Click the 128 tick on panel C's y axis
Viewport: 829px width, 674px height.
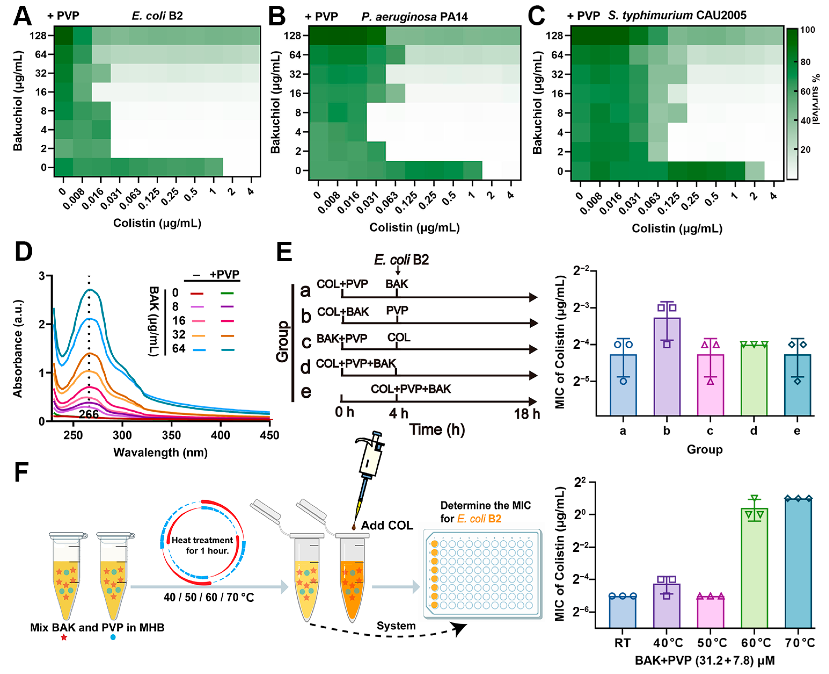pyautogui.click(x=554, y=36)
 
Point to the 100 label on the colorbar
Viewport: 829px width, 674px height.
pyautogui.click(x=807, y=30)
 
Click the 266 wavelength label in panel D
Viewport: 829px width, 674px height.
pyautogui.click(x=89, y=414)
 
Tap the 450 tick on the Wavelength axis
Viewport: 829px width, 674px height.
pyautogui.click(x=269, y=435)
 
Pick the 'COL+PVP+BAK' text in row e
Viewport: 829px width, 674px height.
pyautogui.click(x=411, y=389)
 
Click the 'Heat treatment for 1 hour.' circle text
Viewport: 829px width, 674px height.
pyautogui.click(x=203, y=545)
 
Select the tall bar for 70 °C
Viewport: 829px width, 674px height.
pyautogui.click(x=798, y=563)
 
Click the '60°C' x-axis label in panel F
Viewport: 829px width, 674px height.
pyautogui.click(x=755, y=643)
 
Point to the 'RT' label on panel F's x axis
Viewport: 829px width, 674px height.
pyautogui.click(x=622, y=643)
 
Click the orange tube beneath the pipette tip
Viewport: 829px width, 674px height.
pyautogui.click(x=352, y=586)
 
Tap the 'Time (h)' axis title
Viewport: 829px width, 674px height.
pyautogui.click(x=437, y=429)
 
